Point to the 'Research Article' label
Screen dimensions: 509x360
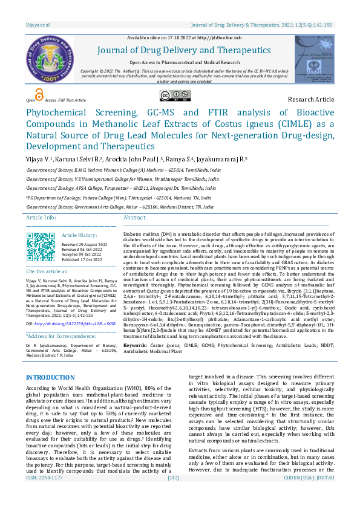pos(310,99)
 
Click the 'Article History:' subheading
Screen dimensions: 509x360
pos(79,235)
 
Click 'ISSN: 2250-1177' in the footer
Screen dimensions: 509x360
pos(44,494)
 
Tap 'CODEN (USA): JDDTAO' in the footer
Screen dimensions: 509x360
pos(309,494)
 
